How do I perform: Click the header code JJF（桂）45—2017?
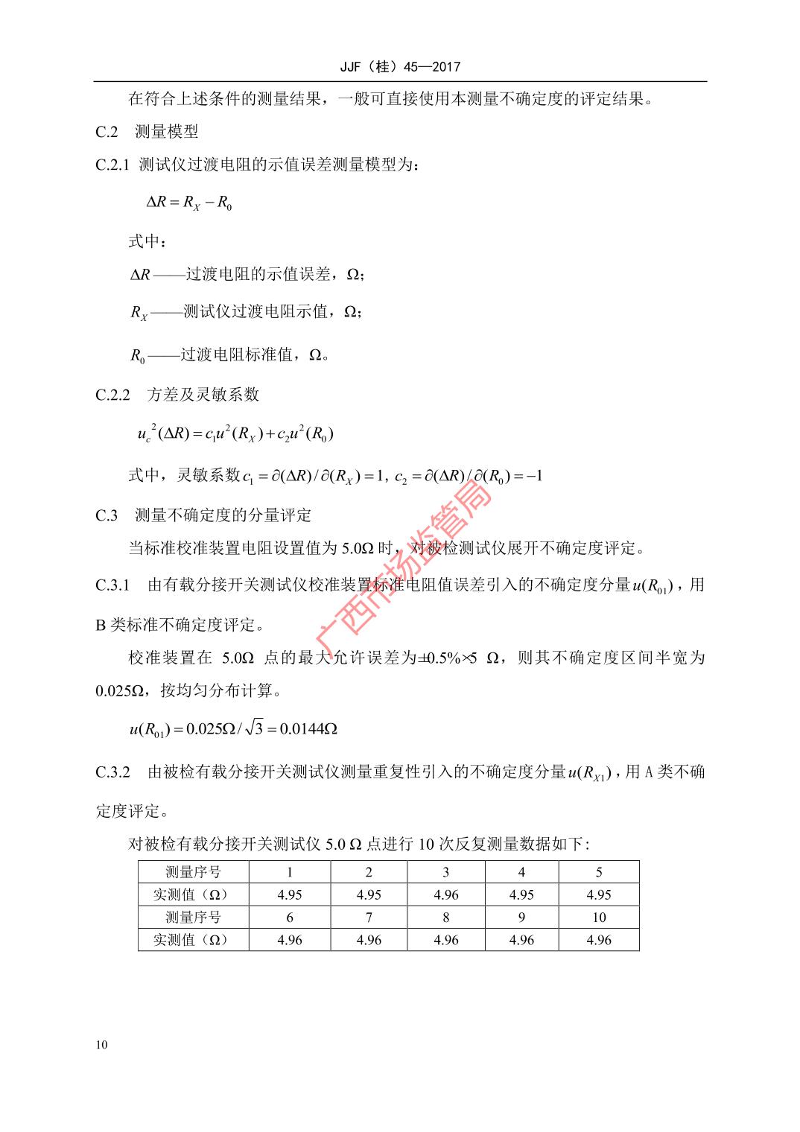coord(400,67)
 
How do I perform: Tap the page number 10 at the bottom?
coord(101,1044)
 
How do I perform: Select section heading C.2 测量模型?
coord(147,133)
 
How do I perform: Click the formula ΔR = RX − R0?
coord(189,202)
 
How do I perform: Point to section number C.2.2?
coord(112,395)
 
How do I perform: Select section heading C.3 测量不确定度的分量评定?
coord(203,515)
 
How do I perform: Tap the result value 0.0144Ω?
coord(309,728)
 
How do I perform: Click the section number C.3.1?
coord(112,585)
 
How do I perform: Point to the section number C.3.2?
coord(112,772)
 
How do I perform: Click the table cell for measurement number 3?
coord(445,872)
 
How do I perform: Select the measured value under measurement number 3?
coord(445,894)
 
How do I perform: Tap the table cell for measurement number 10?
coord(599,918)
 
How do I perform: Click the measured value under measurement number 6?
coord(290,940)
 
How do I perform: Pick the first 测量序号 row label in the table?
coord(193,872)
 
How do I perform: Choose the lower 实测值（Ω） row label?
coord(193,940)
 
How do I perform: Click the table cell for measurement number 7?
coord(369,918)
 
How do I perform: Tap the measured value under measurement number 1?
coord(290,894)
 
